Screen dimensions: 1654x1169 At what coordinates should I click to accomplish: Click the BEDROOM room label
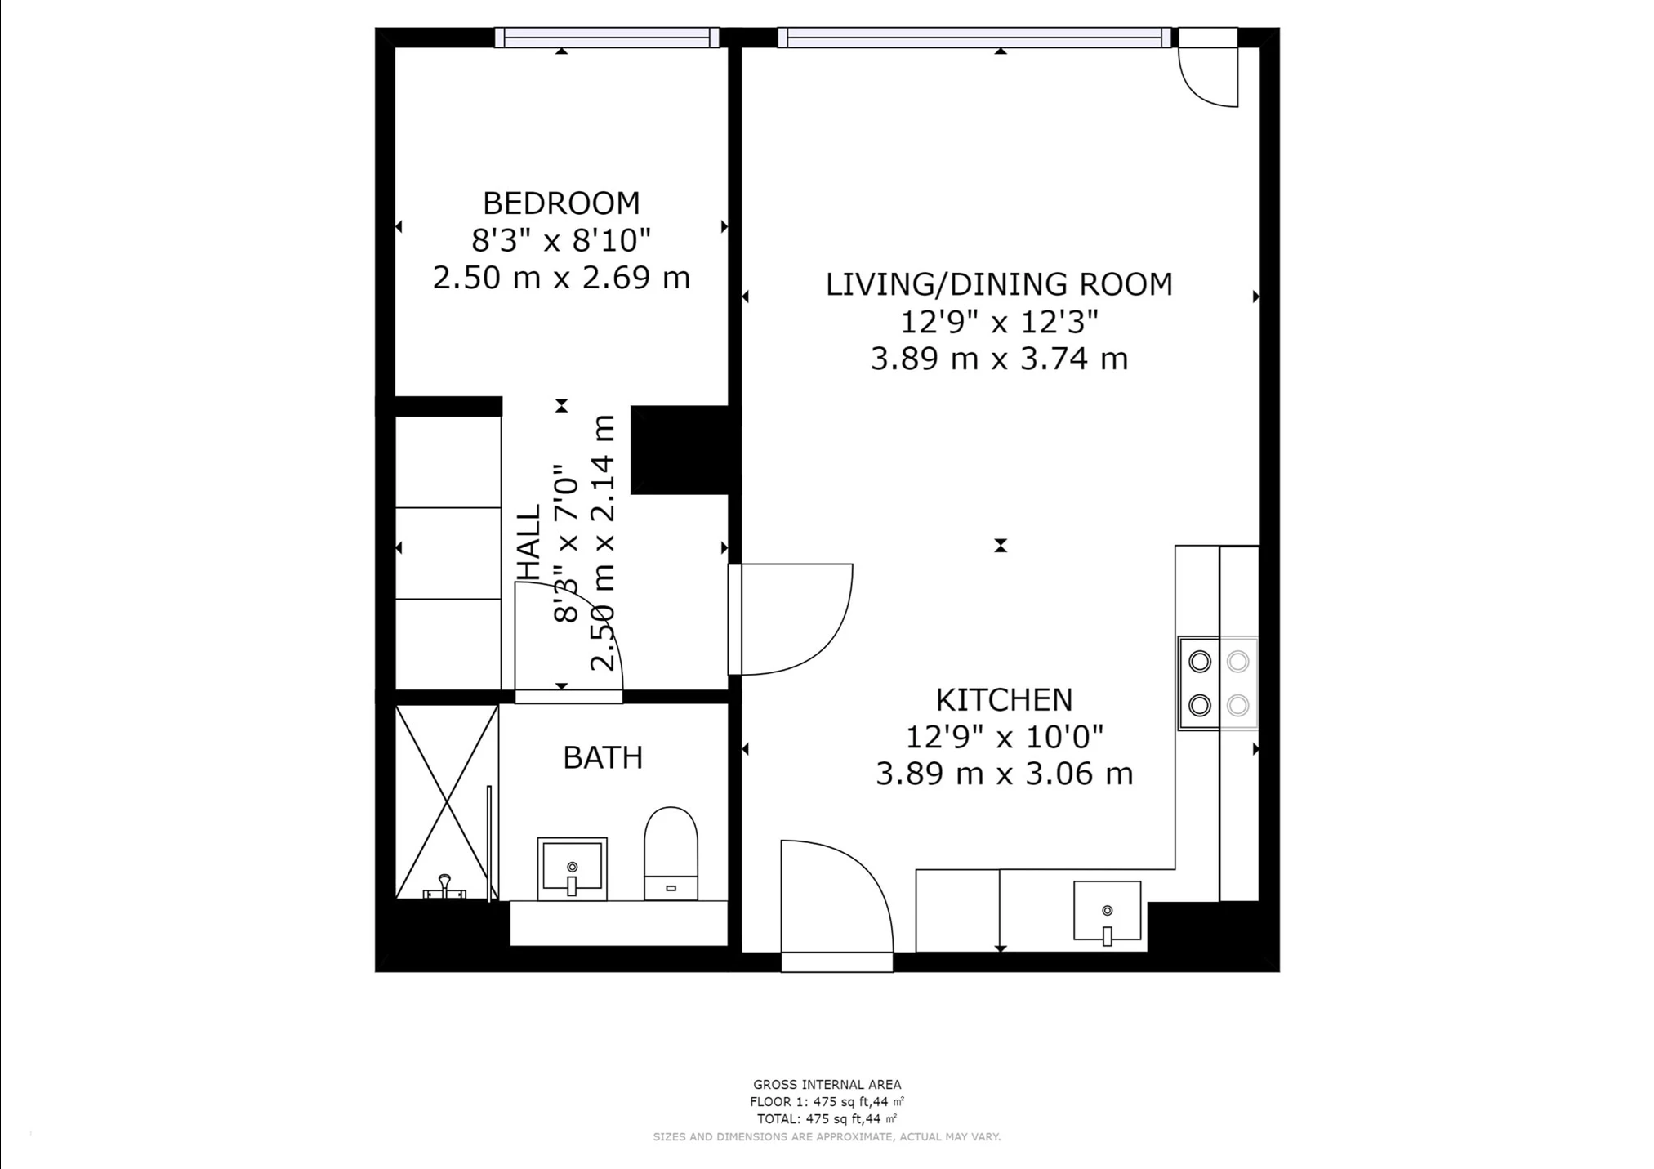point(561,203)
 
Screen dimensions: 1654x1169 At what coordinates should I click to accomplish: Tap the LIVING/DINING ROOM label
point(999,284)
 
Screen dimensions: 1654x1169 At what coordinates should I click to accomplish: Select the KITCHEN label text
point(1004,700)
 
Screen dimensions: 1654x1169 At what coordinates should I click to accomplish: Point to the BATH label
point(603,758)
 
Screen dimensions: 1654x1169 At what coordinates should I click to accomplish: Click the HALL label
point(529,542)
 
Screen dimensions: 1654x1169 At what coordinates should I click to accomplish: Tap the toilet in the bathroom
point(671,854)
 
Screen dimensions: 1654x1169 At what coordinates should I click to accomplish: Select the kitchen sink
point(1107,911)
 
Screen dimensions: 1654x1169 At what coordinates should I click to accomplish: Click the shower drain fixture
point(444,887)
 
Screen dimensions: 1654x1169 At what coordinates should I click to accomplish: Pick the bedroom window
point(607,38)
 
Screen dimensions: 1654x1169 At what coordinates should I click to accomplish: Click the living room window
point(974,38)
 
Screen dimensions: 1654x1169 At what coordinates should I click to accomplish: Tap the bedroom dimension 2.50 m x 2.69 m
point(561,278)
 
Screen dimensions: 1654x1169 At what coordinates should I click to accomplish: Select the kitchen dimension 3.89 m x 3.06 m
point(1004,774)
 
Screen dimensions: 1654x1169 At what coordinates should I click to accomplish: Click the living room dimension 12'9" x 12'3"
point(999,323)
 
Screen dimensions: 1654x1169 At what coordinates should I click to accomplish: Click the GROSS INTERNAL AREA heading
point(827,1085)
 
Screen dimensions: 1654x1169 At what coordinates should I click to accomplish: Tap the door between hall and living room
point(790,619)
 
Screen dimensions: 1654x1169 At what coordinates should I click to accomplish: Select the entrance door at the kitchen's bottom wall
point(836,906)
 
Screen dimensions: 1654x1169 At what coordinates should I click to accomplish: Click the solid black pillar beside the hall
point(680,450)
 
